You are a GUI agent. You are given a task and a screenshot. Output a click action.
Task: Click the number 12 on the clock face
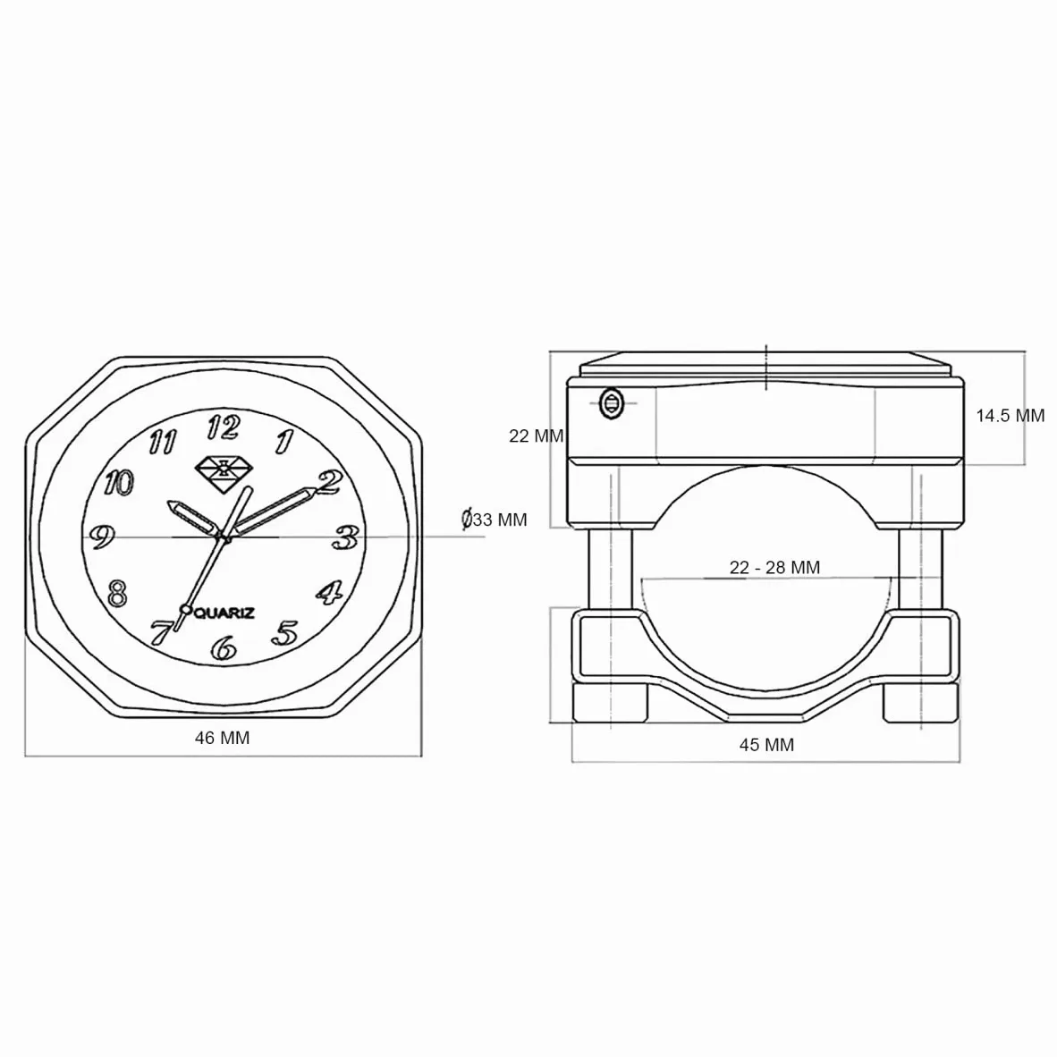(x=224, y=427)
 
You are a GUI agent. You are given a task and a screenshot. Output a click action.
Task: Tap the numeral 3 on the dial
(x=346, y=537)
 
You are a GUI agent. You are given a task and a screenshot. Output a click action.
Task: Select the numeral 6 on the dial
(x=224, y=648)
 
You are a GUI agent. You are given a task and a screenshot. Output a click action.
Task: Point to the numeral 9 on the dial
(x=102, y=537)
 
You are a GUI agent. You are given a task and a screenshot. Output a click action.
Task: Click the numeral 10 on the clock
(x=119, y=483)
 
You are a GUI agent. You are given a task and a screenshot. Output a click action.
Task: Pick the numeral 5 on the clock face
(x=285, y=633)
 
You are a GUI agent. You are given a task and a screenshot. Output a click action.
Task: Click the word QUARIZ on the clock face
(x=224, y=613)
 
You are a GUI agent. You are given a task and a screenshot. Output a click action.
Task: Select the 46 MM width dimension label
(x=223, y=738)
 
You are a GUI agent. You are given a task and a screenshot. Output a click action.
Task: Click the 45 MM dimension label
(x=766, y=745)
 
